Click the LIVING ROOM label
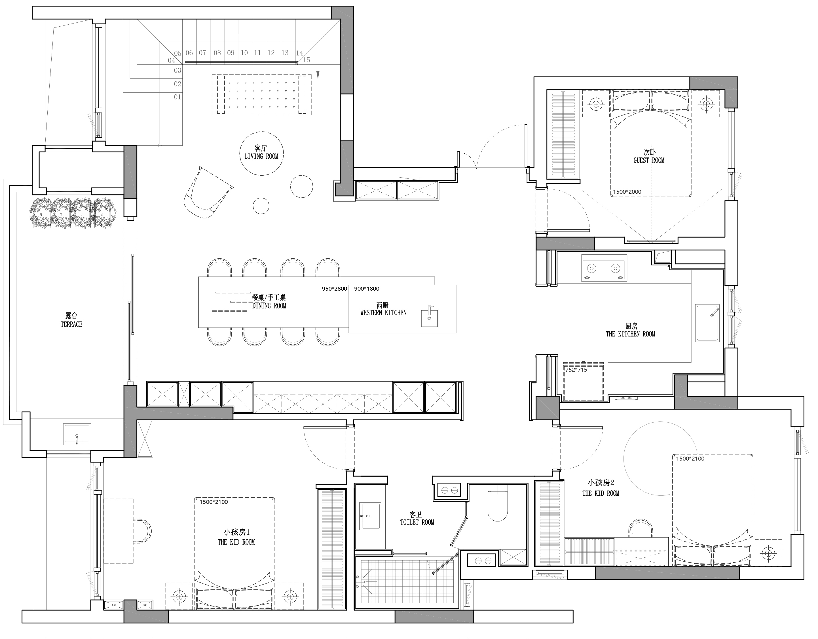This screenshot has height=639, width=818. click(x=261, y=156)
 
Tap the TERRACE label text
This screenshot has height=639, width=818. click(x=71, y=324)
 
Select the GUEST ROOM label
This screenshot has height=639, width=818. click(x=649, y=161)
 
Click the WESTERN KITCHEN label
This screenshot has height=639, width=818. click(x=383, y=313)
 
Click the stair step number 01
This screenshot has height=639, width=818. click(x=177, y=97)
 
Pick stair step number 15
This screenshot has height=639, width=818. click(x=307, y=60)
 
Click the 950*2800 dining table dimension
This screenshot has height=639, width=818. click(x=335, y=289)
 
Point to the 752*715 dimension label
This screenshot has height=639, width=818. click(x=576, y=370)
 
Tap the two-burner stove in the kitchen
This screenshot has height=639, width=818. click(x=604, y=268)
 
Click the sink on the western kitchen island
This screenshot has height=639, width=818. click(x=429, y=317)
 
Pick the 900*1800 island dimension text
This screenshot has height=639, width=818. click(x=367, y=289)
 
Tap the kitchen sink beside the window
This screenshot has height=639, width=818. click(x=707, y=323)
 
